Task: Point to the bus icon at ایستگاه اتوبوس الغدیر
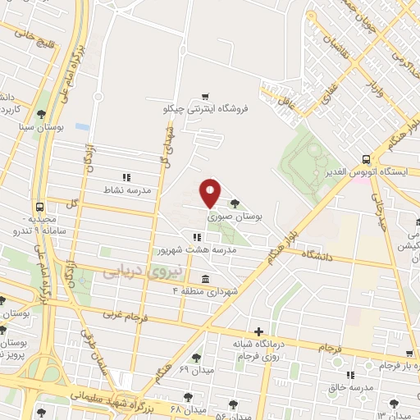(366, 159)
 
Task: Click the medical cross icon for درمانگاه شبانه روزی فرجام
(259, 331)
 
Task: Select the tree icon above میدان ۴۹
(196, 358)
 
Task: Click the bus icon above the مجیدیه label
(40, 207)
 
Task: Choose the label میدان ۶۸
(187, 409)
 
